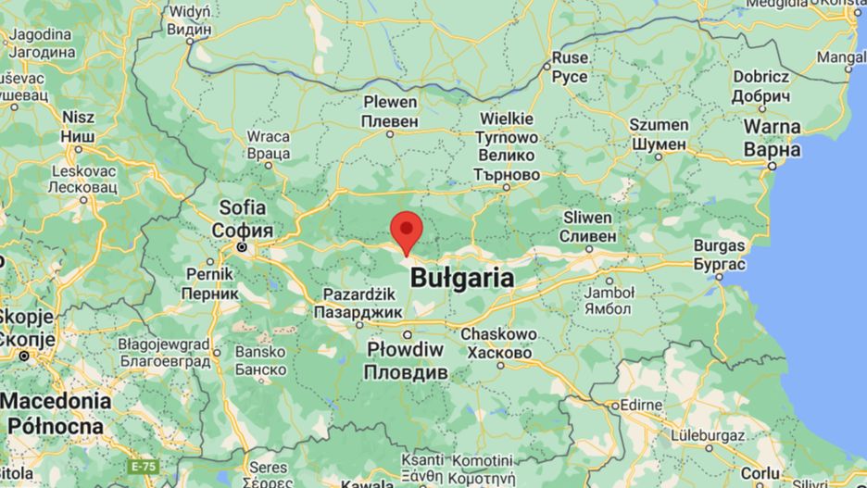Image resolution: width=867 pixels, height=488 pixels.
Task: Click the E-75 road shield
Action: click(143, 464)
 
